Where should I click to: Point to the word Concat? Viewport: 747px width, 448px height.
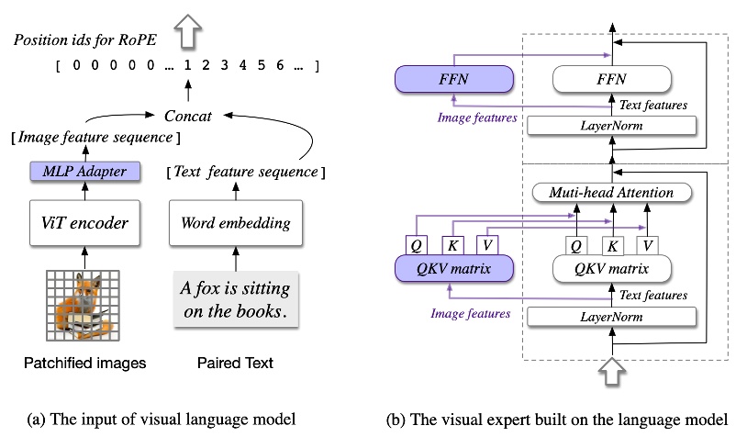tap(188, 117)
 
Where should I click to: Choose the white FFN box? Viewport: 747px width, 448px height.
tap(605, 79)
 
